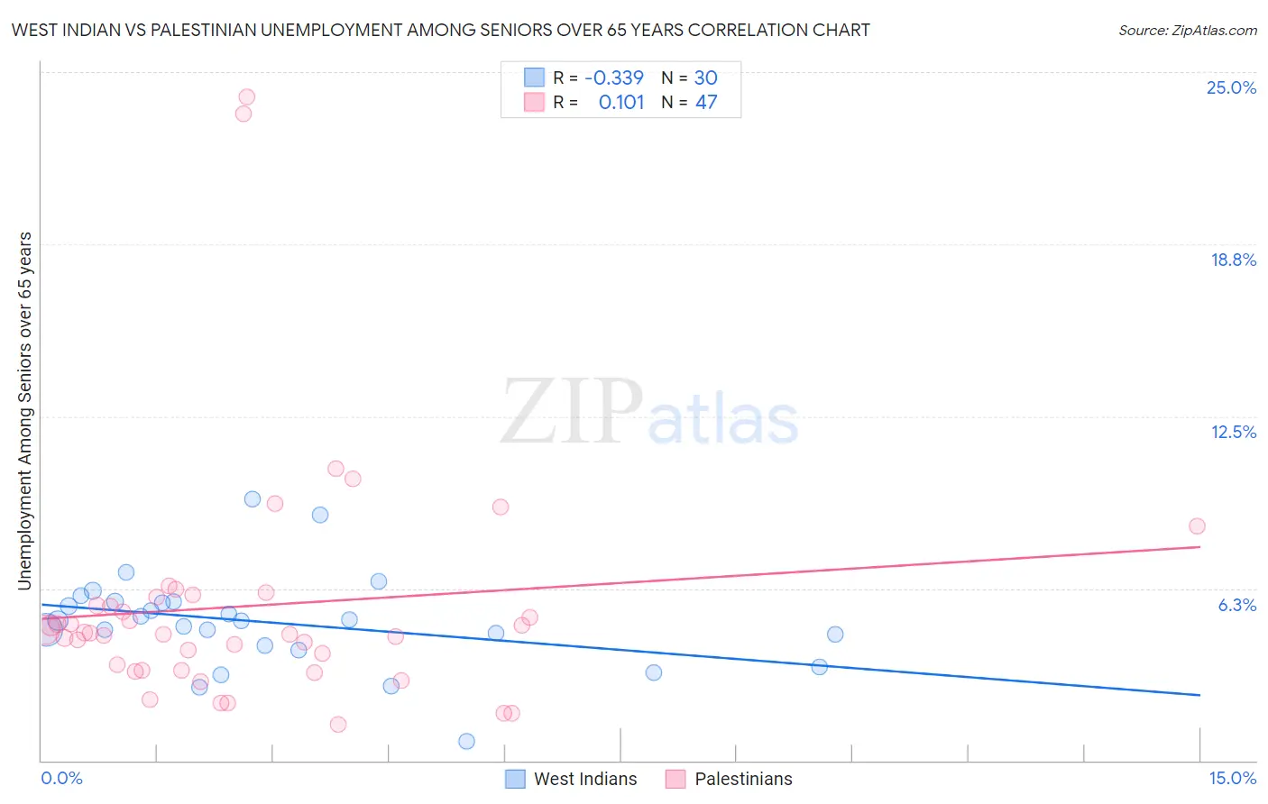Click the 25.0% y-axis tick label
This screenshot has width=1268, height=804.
coord(1231,87)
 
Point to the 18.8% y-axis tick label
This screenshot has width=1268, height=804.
coord(1233,260)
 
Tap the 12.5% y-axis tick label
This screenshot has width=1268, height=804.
coord(1233,432)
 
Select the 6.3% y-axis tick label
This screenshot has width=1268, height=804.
coord(1236,605)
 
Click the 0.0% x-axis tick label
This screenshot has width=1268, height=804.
coord(61,778)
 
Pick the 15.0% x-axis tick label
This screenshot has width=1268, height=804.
coord(1232,778)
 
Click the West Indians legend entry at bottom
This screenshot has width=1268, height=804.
coord(585,779)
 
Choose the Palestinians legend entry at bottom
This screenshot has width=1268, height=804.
coord(743,779)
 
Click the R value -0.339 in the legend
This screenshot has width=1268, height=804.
coord(613,78)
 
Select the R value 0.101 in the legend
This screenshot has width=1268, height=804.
coord(621,102)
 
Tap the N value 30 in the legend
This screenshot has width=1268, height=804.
coord(705,78)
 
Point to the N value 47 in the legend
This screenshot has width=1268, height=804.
coord(705,102)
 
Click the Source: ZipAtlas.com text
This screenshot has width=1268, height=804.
coord(1187,30)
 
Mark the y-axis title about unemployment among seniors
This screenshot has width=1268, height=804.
coord(24,411)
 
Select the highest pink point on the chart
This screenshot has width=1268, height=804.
coord(246,96)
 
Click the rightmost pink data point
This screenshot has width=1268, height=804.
coord(1197,526)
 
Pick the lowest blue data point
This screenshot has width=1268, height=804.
coord(466,741)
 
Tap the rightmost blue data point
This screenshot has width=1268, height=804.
coord(835,635)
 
